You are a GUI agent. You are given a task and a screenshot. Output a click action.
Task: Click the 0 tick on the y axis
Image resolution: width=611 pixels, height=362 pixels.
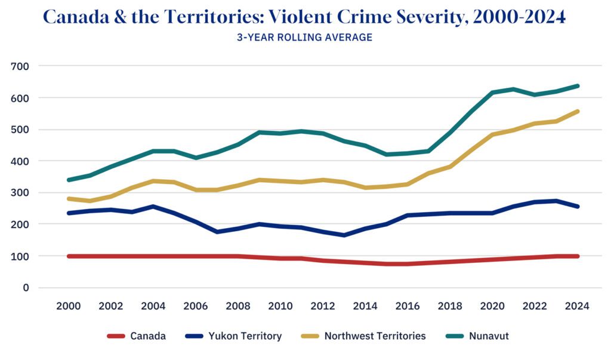pos(26,287)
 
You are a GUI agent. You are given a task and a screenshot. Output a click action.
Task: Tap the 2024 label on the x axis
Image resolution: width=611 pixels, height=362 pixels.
pos(578,306)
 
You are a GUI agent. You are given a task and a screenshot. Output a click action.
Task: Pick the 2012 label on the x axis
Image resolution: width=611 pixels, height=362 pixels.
pos(323,306)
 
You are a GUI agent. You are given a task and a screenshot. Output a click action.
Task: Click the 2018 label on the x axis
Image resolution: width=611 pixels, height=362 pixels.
pos(450,306)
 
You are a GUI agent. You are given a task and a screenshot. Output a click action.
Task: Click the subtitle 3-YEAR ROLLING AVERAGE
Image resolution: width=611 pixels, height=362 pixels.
pos(305,37)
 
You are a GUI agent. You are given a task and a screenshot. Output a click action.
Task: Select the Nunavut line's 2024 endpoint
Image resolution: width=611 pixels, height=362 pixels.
pos(578,86)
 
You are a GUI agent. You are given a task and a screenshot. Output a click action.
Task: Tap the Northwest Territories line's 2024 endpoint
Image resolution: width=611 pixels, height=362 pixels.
pos(578,111)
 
